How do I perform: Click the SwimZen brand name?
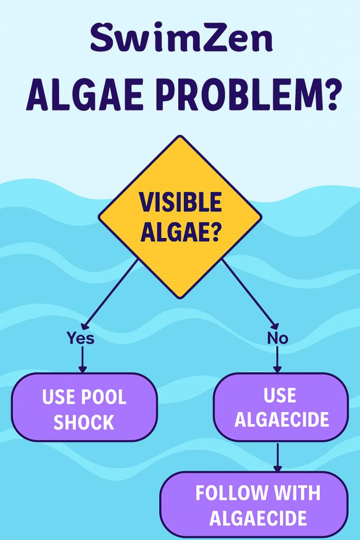pos(182,37)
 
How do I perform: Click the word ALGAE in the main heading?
pos(85,95)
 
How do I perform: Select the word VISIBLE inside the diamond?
pos(180,202)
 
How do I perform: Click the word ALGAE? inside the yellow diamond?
pos(180,232)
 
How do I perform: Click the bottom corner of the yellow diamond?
pos(180,298)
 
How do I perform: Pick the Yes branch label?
pos(81,338)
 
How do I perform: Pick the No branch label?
pos(277,339)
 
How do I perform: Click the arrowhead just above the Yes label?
pos(85,326)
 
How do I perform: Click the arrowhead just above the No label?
pos(275,326)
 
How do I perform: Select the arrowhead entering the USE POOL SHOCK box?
pos(82,369)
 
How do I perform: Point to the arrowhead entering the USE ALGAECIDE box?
pos(277,369)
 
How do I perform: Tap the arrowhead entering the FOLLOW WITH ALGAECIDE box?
pos(277,468)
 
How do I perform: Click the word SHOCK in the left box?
pos(84,422)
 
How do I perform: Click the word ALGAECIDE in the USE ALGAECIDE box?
pos(281,419)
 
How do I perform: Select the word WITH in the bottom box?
pos(297,493)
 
